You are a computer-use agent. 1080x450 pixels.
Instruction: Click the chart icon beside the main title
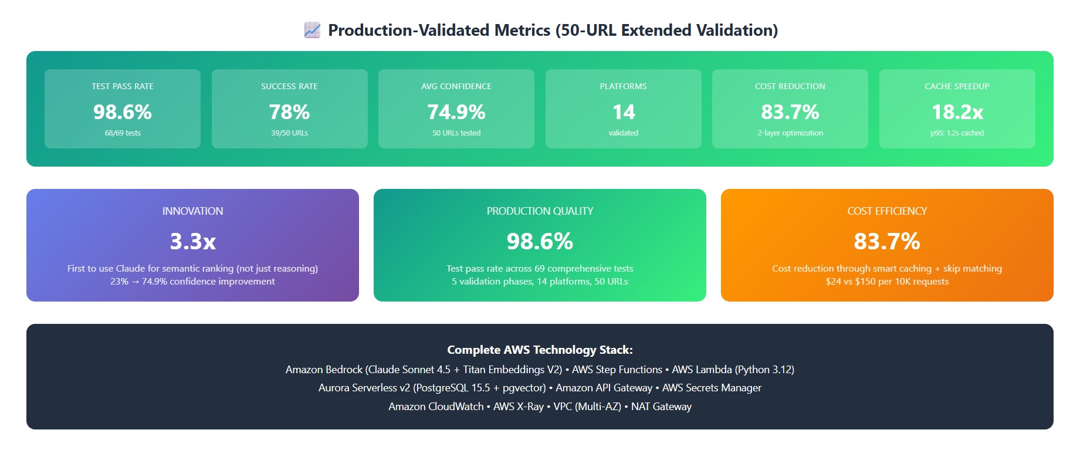[x=312, y=30]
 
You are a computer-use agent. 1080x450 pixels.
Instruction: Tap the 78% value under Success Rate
[x=289, y=112]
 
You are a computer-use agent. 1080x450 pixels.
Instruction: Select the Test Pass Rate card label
[x=123, y=86]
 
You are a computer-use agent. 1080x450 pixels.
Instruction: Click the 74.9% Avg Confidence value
[x=456, y=112]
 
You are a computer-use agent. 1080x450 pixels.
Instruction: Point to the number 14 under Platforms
[x=624, y=112]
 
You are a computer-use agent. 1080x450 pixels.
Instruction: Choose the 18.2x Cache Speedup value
[x=957, y=112]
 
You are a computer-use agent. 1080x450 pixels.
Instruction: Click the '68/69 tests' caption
[x=123, y=133]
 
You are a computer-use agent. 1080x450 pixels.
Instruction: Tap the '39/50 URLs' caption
[x=289, y=133]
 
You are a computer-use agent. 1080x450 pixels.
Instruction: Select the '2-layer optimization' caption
[x=790, y=133]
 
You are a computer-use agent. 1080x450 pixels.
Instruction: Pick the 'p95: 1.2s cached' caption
[x=957, y=133]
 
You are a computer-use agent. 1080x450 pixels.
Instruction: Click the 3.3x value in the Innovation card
[x=193, y=241]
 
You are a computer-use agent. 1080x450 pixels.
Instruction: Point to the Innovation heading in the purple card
[x=193, y=211]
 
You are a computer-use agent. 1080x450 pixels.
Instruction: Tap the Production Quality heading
[x=540, y=211]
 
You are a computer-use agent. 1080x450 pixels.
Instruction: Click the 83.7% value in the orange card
[x=887, y=241]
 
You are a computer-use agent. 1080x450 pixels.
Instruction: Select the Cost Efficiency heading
[x=887, y=211]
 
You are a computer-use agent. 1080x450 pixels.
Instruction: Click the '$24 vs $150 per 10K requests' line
[x=887, y=282]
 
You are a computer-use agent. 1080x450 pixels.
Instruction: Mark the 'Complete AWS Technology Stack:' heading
[x=540, y=350]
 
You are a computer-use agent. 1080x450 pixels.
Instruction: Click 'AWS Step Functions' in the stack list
[x=617, y=370]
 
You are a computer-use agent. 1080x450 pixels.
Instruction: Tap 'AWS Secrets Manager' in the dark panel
[x=712, y=388]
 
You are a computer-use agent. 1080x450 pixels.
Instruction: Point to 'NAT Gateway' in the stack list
[x=661, y=407]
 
